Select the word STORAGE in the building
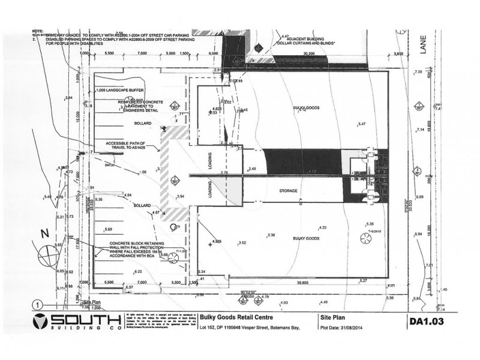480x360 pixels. pos(289,191)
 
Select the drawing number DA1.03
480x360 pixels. pos(426,321)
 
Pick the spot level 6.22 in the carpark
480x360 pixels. pos(139,271)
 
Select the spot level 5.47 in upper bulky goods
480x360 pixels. pos(361,124)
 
